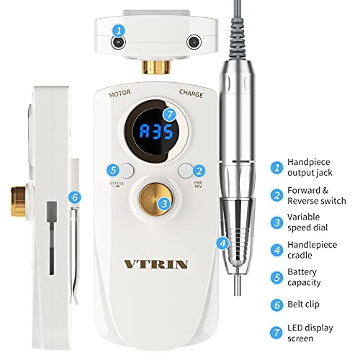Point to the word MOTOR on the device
[x=120, y=92]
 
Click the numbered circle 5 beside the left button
[x=111, y=171]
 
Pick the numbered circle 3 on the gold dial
[x=164, y=204]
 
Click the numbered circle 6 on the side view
[x=73, y=196]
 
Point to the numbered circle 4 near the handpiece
[x=223, y=243]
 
